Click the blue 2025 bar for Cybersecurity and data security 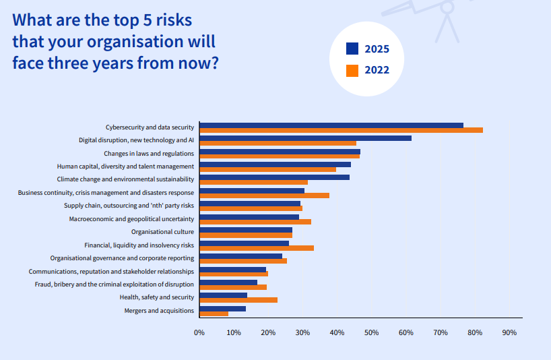331,125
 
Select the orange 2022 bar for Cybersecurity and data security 341,130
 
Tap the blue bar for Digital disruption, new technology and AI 305,138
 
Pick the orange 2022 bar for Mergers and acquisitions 214,313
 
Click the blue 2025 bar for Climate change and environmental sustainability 275,177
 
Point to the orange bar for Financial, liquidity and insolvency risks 257,248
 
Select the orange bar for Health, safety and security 238,300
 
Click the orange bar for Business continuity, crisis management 265,196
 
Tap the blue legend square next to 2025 352,49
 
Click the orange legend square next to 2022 352,69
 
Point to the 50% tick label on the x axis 371,333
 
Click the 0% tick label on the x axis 199,333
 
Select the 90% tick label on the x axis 509,333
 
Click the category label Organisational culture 162,232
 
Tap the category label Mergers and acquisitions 159,310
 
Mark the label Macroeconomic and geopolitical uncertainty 131,219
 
